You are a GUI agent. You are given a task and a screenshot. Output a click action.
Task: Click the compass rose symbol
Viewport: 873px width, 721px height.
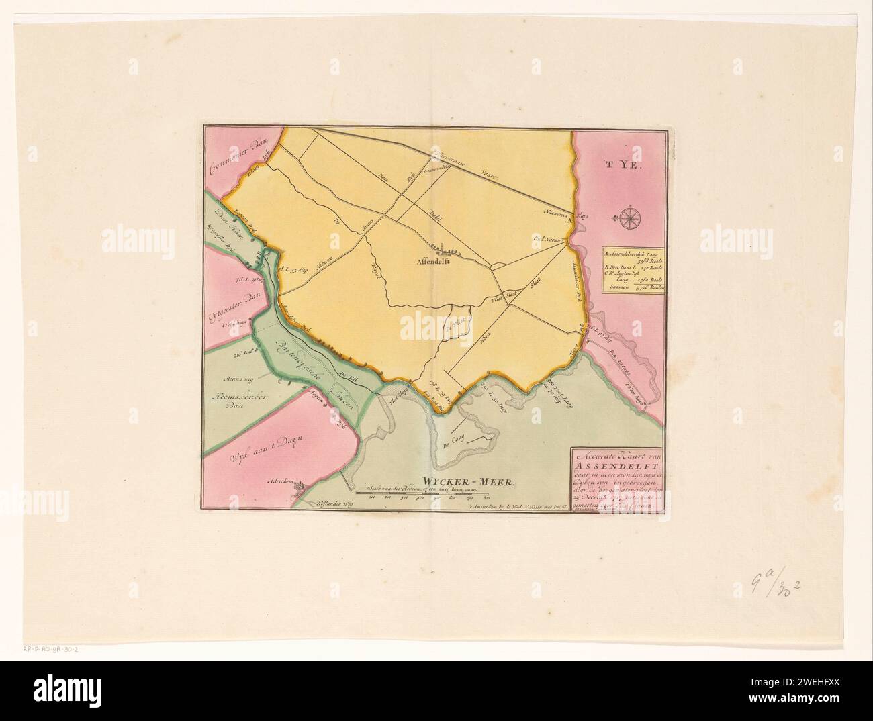[x=630, y=217]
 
